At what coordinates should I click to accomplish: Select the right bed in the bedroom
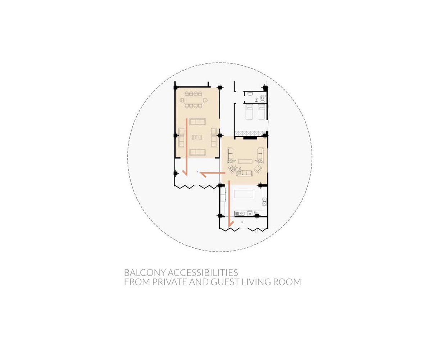pyautogui.click(x=262, y=112)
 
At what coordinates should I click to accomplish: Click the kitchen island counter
pyautogui.click(x=244, y=194)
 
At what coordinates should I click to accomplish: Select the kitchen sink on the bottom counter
pyautogui.click(x=241, y=213)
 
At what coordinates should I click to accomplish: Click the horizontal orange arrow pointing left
pyautogui.click(x=210, y=174)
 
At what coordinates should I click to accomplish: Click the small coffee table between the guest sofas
pyautogui.click(x=196, y=137)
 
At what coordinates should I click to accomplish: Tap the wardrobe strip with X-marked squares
pyautogui.click(x=250, y=134)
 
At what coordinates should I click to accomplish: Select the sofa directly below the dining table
pyautogui.click(x=197, y=121)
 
